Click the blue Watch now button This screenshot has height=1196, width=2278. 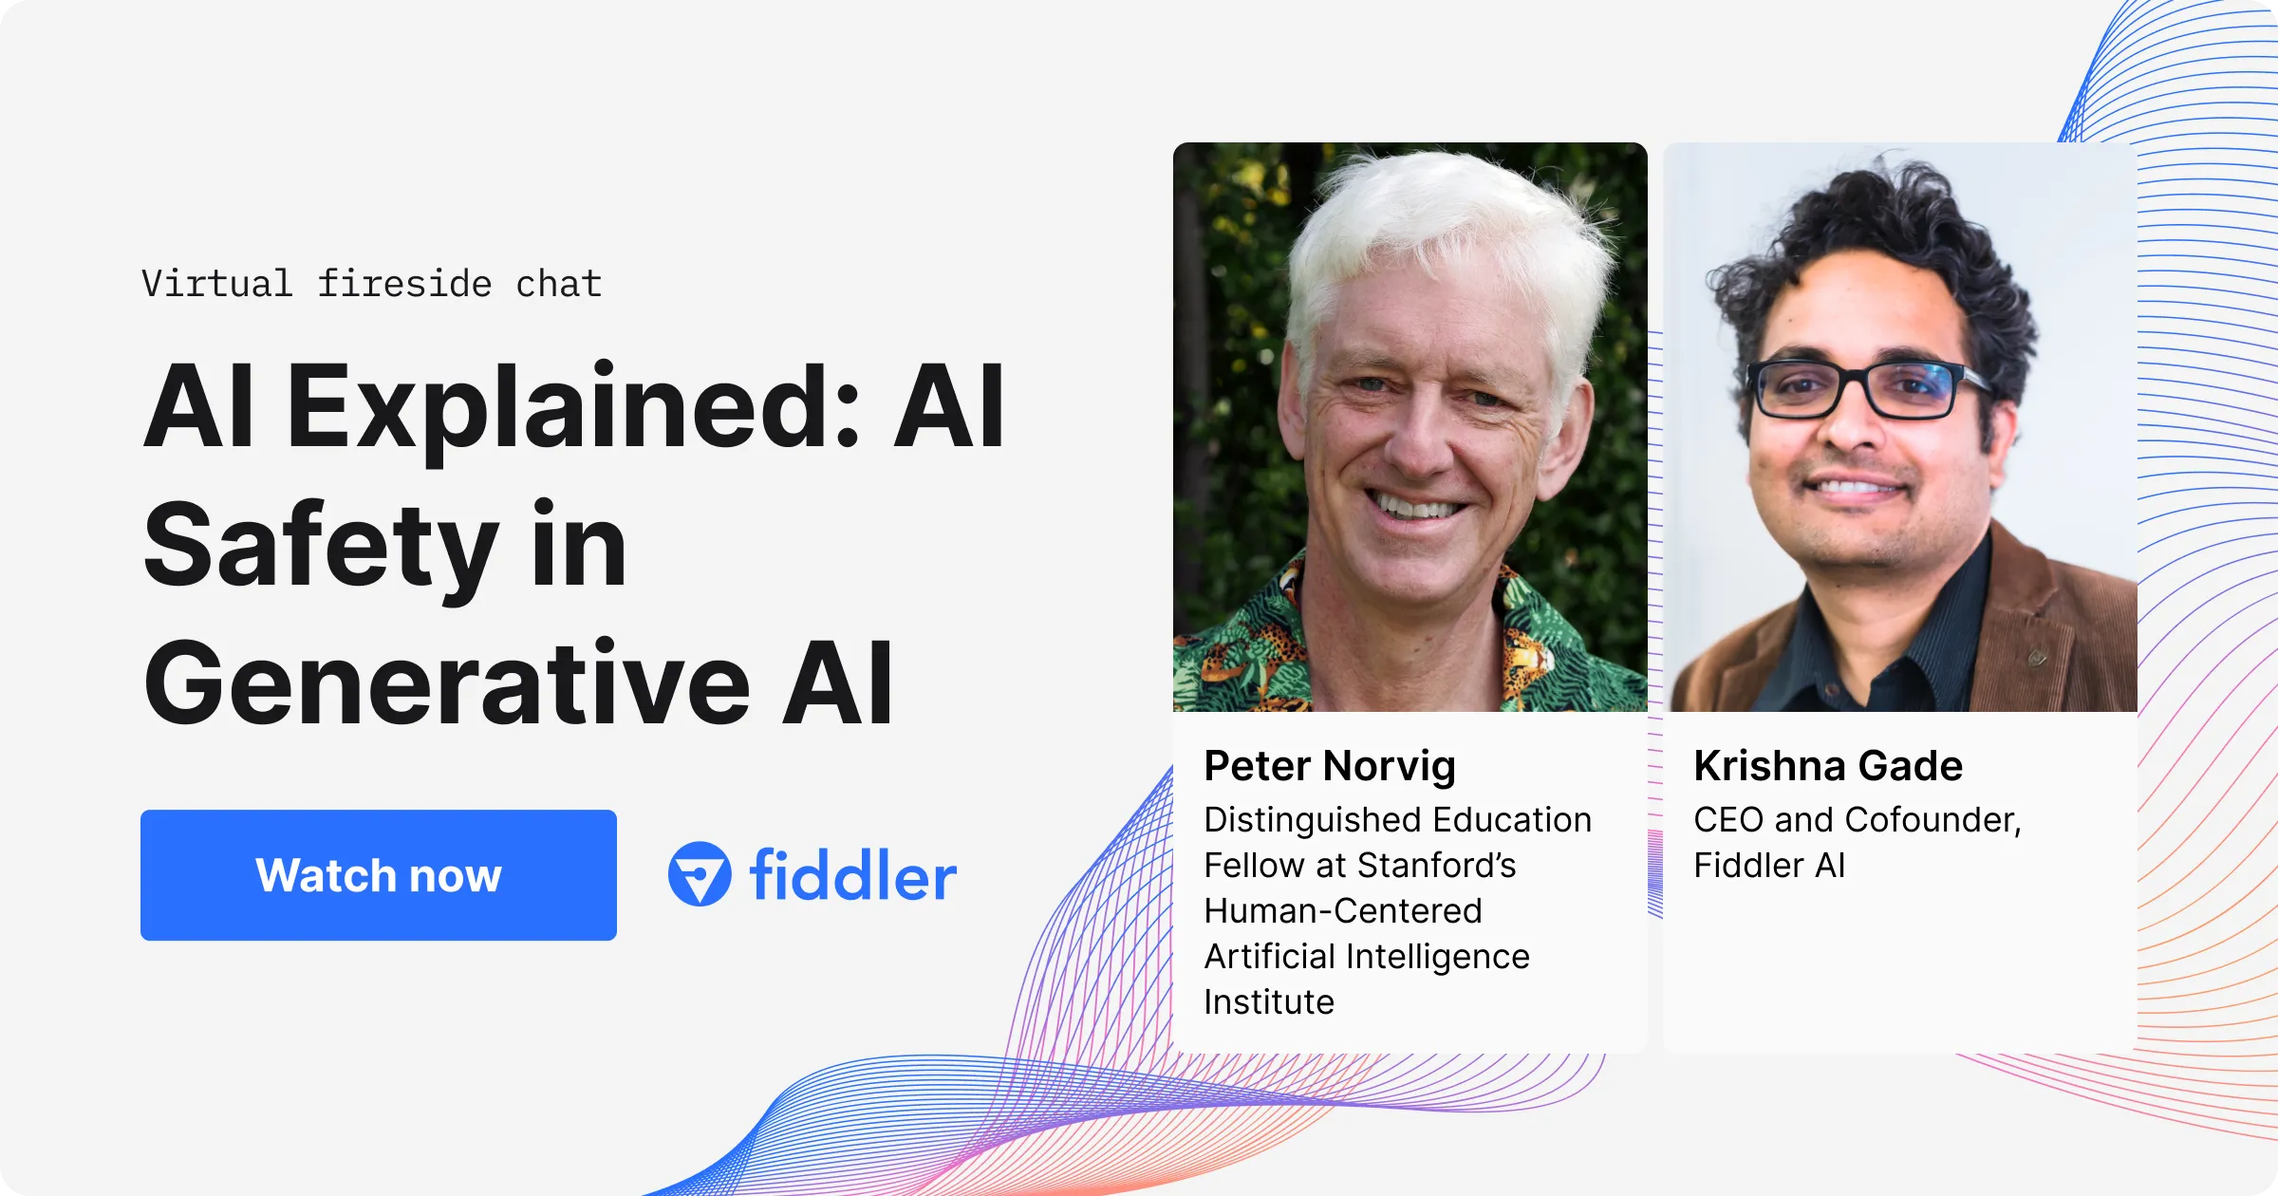click(x=378, y=874)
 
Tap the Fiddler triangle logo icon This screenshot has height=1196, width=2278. click(x=700, y=874)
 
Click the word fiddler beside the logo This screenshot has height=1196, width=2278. click(x=852, y=875)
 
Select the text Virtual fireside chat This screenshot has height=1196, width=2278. click(x=371, y=284)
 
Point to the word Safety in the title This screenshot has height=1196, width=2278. click(x=320, y=546)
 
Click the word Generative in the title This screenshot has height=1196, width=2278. click(x=447, y=684)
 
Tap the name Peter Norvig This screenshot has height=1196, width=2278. click(x=1329, y=766)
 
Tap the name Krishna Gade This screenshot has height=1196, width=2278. click(x=1827, y=766)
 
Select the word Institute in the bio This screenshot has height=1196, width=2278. click(x=1269, y=1002)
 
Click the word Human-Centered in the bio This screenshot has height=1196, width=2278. click(x=1342, y=911)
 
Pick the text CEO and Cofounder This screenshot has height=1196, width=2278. click(x=1857, y=820)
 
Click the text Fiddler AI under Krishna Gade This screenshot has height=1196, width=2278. click(x=1769, y=866)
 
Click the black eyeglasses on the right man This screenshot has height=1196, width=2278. click(x=1860, y=389)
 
